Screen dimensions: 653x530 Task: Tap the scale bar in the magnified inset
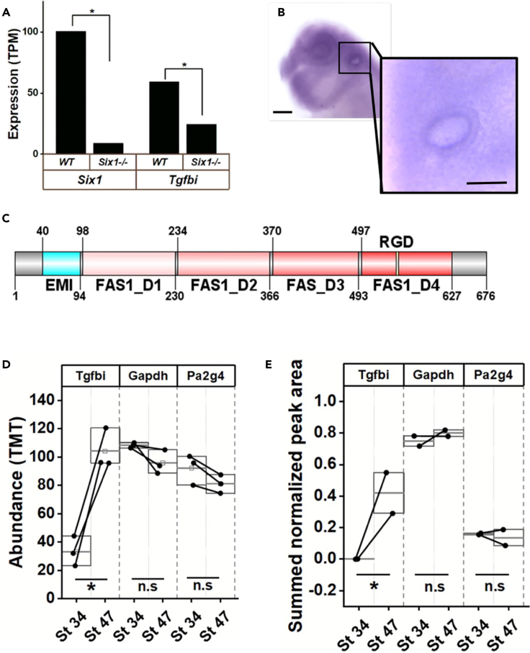pyautogui.click(x=486, y=183)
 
